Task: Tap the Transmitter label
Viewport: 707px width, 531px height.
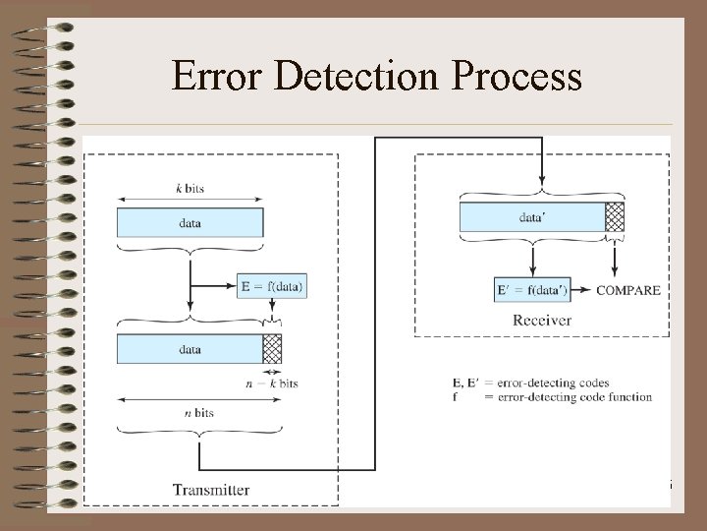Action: pos(211,489)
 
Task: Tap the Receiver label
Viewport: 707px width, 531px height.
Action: pos(541,320)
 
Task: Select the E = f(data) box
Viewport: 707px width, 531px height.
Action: pos(272,286)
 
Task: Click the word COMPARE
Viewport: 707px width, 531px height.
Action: pos(628,290)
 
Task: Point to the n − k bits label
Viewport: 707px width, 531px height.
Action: pos(272,383)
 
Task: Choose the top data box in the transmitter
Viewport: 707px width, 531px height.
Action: pos(190,222)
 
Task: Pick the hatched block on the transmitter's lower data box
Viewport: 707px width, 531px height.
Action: pos(272,349)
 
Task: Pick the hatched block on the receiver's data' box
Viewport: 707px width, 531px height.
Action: pos(615,216)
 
